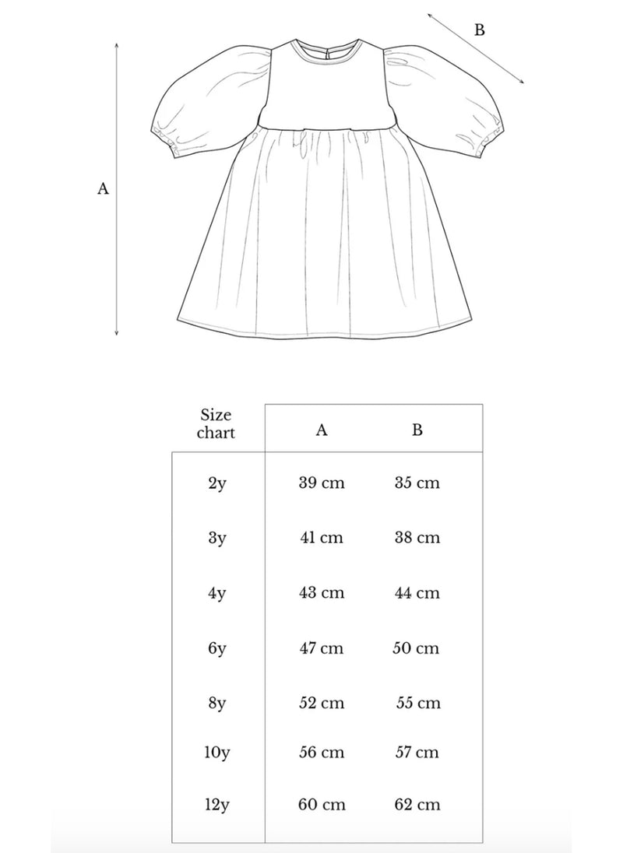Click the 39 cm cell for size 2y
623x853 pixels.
tap(321, 483)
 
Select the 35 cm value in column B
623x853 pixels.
tap(417, 483)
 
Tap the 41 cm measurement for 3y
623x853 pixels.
tap(321, 538)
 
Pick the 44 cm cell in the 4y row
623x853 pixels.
tap(417, 593)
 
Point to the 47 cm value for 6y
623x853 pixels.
tap(321, 648)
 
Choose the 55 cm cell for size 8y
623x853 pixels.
tap(417, 703)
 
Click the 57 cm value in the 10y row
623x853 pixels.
tap(417, 753)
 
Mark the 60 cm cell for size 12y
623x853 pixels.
tap(321, 805)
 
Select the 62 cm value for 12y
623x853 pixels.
tap(417, 805)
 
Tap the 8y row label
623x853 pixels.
tap(216, 703)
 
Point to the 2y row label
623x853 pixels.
tap(216, 483)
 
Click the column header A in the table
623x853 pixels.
tap(322, 430)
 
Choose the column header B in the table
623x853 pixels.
tap(417, 430)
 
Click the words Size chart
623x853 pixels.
tap(216, 423)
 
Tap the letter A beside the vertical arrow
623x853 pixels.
tap(103, 188)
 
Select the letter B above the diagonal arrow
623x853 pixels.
tap(480, 30)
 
